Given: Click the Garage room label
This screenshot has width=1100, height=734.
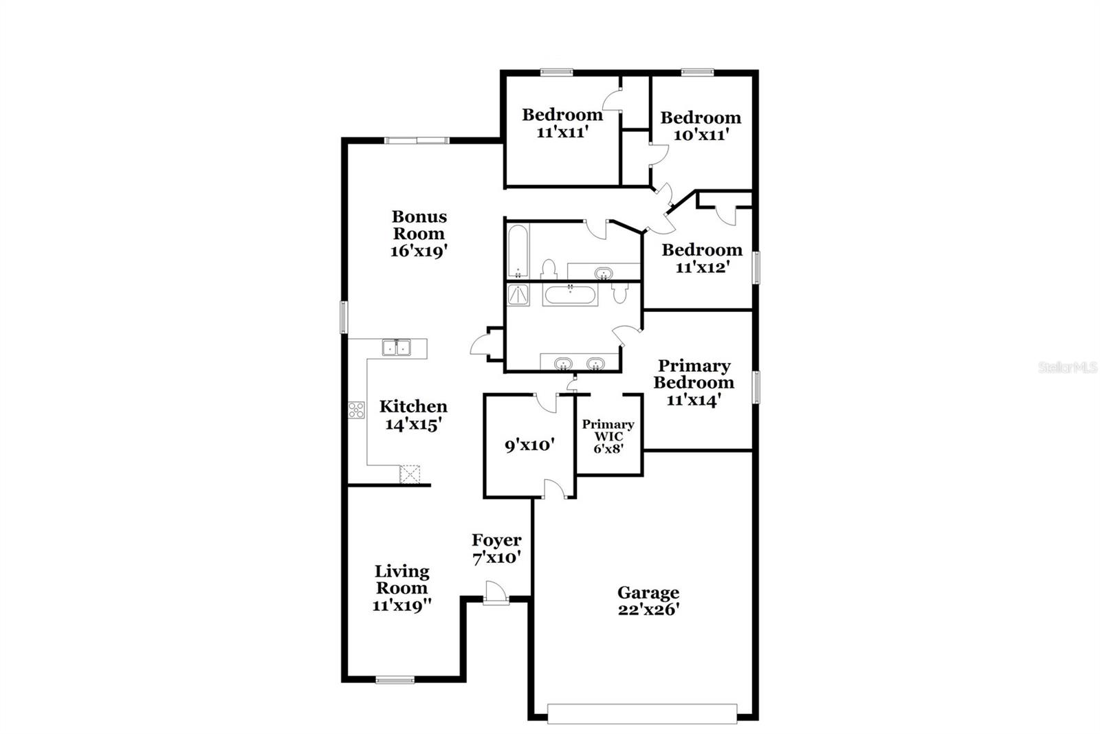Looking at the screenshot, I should [x=648, y=601].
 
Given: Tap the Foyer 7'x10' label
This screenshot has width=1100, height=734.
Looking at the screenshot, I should [x=496, y=548].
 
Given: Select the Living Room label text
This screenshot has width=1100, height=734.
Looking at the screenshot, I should [x=402, y=588].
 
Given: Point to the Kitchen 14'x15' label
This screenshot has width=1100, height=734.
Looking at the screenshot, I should [x=413, y=415].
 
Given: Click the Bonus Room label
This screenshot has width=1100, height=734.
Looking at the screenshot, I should [x=419, y=234].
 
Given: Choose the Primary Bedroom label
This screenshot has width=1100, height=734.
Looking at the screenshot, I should [x=694, y=383].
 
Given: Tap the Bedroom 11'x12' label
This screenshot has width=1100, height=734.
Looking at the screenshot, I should [x=702, y=258].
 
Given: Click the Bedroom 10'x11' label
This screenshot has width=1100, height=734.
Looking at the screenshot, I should [x=701, y=126].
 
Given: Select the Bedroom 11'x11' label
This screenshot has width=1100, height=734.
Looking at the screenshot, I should [x=562, y=123].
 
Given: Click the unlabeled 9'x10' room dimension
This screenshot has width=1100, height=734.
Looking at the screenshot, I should [x=529, y=445].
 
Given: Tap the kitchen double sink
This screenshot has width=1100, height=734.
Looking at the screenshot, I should [x=395, y=348].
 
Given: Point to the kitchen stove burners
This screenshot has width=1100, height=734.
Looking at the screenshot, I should [x=356, y=410].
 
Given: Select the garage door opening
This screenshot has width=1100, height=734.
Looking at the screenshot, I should [x=642, y=713].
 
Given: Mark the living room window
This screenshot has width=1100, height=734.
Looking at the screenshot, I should [x=395, y=680].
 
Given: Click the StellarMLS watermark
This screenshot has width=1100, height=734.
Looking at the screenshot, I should [x=1067, y=368].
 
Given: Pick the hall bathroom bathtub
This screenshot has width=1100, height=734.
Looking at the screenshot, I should [x=518, y=251].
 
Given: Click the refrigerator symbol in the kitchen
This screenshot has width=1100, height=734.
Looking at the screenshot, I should [x=410, y=474].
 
